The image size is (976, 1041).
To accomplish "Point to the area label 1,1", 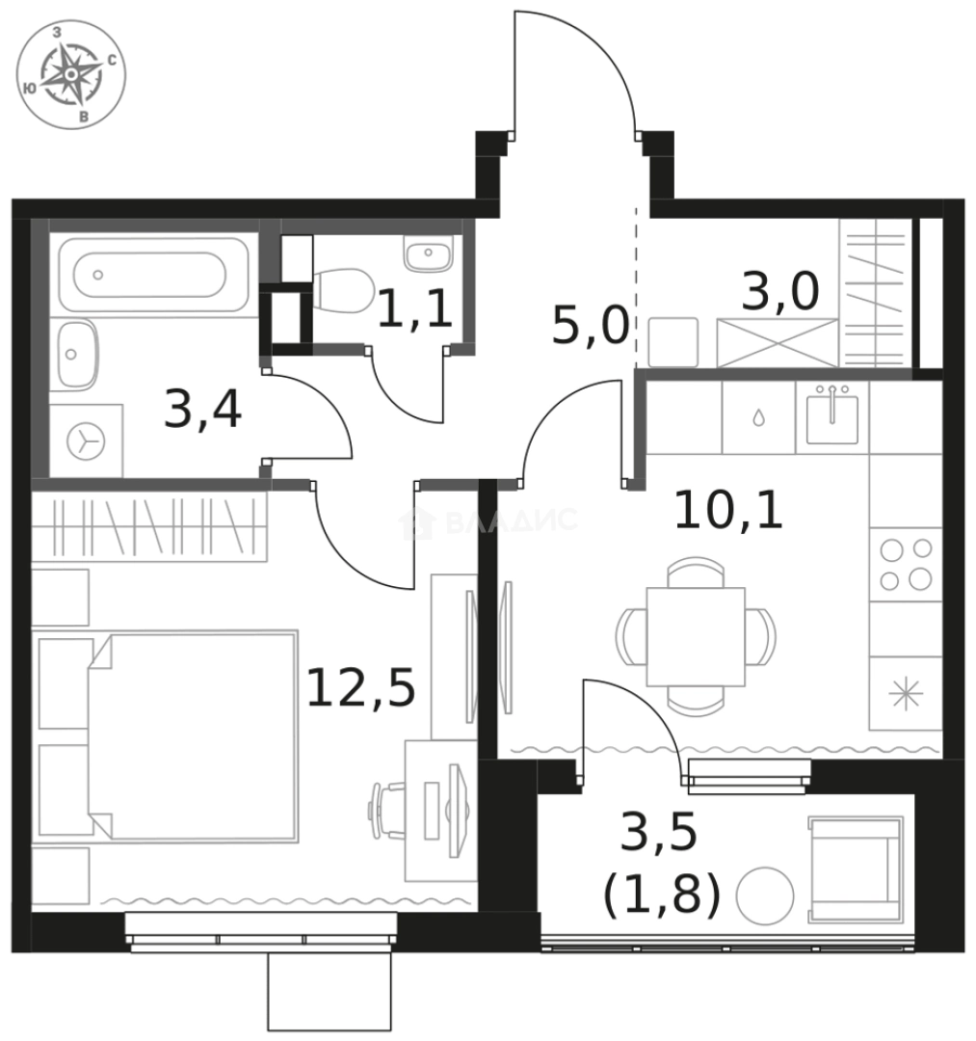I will [x=414, y=310].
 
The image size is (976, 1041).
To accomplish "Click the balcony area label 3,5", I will [x=658, y=833].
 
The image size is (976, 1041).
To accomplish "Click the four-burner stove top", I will [x=907, y=564].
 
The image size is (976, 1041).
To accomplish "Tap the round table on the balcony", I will [x=765, y=897].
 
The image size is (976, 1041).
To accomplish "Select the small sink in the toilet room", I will [x=425, y=255].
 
